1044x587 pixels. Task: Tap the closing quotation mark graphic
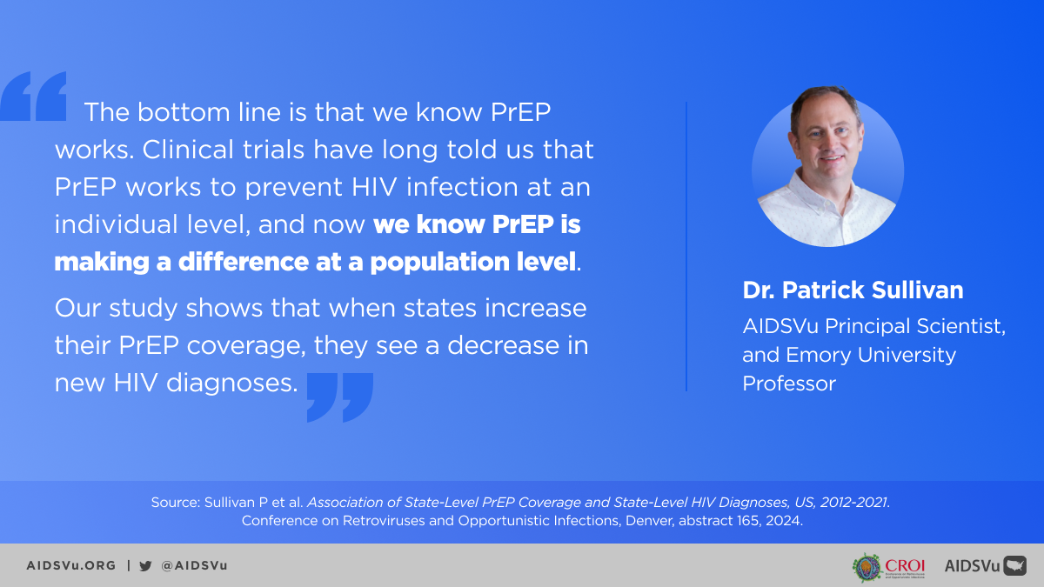coord(340,397)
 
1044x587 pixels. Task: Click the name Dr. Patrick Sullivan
coord(853,290)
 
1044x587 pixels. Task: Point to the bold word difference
coord(243,262)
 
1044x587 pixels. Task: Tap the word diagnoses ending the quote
coord(231,384)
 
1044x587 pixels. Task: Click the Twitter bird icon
coord(145,565)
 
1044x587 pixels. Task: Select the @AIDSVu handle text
coord(194,565)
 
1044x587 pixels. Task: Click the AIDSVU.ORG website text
coord(70,565)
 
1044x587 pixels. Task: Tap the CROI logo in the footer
coord(888,567)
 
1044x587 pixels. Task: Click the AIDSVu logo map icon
coord(1014,565)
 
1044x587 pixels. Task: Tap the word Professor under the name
coord(789,384)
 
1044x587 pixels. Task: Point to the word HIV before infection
coord(374,187)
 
